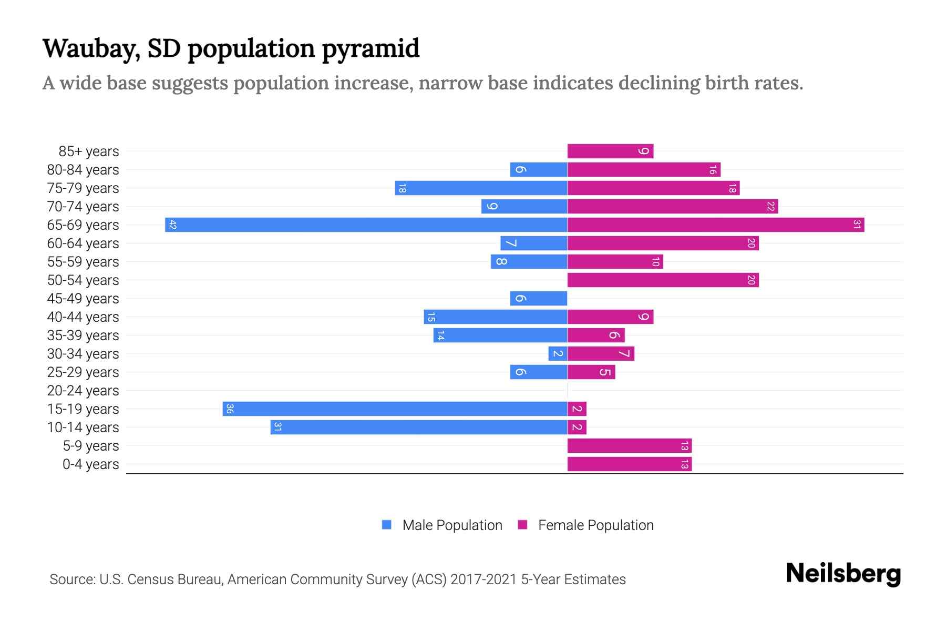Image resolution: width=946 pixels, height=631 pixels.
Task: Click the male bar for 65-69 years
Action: coord(366,225)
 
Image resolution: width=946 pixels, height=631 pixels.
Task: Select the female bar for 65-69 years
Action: coord(716,225)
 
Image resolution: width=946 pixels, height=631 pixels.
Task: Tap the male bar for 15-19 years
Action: coord(395,409)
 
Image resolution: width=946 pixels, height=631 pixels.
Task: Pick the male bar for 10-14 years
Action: coord(419,428)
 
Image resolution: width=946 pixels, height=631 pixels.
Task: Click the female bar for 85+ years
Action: coord(610,151)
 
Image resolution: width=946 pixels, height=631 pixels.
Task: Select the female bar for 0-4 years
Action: coord(629,464)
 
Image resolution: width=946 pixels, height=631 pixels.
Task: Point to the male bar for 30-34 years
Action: coord(558,354)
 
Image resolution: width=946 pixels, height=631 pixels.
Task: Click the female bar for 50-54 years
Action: coord(663,280)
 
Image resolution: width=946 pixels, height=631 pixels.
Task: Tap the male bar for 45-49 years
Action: coord(539,299)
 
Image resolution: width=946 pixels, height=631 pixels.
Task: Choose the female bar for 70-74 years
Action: coord(672,207)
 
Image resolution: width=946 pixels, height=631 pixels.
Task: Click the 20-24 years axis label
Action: coord(83,391)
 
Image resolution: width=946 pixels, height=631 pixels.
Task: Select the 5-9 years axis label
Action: coord(90,446)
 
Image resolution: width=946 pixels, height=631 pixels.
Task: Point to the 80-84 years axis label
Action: coord(83,170)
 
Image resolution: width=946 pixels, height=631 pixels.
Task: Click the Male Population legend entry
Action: coord(452,525)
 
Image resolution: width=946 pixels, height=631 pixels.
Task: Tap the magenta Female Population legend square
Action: coord(522,525)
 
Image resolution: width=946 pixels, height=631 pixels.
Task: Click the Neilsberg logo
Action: coord(843,574)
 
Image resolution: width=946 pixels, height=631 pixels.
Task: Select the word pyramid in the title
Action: coord(371,49)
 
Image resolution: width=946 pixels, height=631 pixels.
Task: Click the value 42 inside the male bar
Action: coord(172,225)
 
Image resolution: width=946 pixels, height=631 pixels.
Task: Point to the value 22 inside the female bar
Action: coord(770,207)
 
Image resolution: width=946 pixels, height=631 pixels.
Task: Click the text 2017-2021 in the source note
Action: coord(484,579)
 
